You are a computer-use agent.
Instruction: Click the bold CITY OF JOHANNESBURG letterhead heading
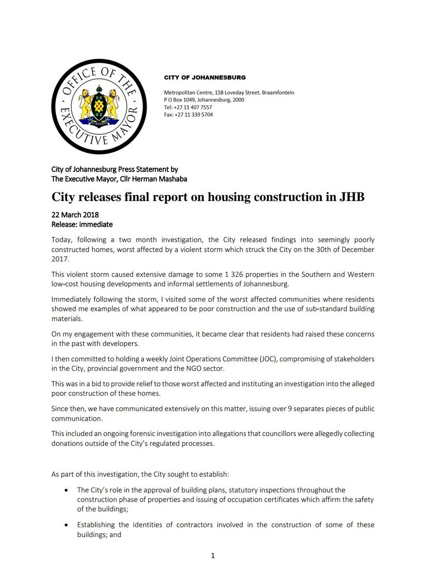click(205, 77)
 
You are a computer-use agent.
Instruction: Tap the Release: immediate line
click(82, 224)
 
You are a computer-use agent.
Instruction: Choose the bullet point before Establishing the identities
click(66, 525)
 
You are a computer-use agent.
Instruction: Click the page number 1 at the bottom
click(213, 555)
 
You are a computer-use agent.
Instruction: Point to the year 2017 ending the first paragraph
click(60, 259)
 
